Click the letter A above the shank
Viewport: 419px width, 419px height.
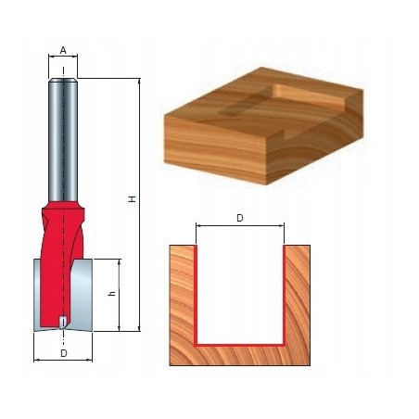pyautogui.click(x=63, y=50)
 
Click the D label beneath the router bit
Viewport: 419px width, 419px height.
pyautogui.click(x=63, y=353)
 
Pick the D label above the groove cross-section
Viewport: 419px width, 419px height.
pyautogui.click(x=239, y=218)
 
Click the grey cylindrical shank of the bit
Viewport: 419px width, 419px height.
pyautogui.click(x=63, y=134)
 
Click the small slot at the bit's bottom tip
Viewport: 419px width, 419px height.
pyautogui.click(x=62, y=321)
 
